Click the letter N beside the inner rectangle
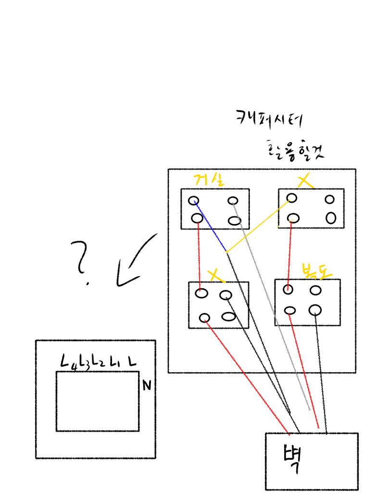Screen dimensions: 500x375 pyautogui.click(x=147, y=385)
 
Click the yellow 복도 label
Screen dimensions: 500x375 pyautogui.click(x=314, y=271)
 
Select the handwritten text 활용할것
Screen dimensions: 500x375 pyautogui.click(x=295, y=150)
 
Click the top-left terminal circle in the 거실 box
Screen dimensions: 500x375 pyautogui.click(x=193, y=200)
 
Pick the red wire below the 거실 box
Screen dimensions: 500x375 pyautogui.click(x=199, y=255)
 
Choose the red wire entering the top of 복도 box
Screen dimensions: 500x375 pyautogui.click(x=289, y=255)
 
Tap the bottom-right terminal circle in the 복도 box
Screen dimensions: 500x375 pyautogui.click(x=315, y=310)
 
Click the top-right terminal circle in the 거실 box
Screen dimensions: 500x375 pyautogui.click(x=233, y=201)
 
